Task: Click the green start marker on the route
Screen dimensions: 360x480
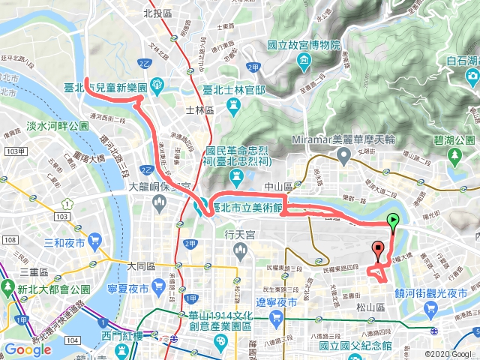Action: pos(392,220)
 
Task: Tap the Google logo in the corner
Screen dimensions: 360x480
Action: pos(28,349)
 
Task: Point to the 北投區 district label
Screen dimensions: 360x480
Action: pos(157,13)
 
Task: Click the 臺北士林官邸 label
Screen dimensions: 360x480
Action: pos(234,90)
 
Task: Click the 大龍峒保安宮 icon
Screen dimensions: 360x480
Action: pos(157,202)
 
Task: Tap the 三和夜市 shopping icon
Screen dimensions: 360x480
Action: pos(94,241)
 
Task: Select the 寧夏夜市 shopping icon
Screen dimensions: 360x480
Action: pos(157,286)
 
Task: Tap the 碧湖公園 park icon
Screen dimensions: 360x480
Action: pos(454,156)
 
